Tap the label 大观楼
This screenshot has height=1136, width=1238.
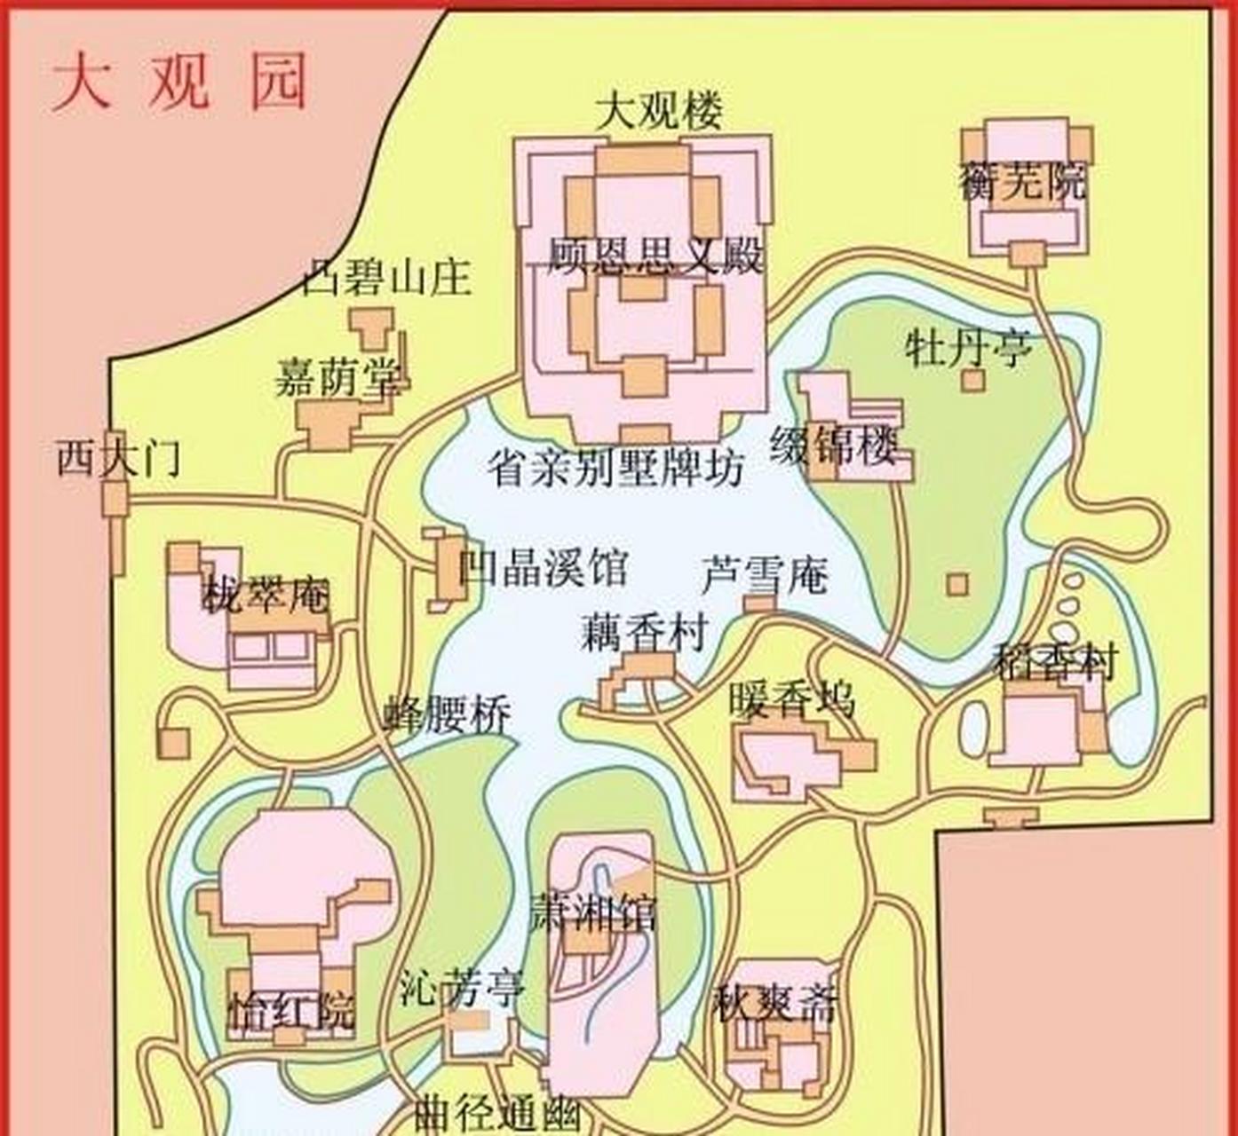click(658, 111)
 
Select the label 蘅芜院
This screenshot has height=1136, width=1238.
click(1022, 182)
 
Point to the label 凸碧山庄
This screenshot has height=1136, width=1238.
click(387, 278)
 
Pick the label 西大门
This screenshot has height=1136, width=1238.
click(119, 459)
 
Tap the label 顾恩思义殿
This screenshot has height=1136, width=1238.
click(655, 256)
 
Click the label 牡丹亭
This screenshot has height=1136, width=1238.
click(968, 348)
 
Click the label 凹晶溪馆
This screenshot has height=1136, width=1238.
click(543, 567)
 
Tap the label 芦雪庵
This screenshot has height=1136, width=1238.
click(765, 575)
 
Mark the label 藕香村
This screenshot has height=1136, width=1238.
click(645, 633)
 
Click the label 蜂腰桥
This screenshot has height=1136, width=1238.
click(448, 714)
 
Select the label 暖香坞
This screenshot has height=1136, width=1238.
click(791, 699)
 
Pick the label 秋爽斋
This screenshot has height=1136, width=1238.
click(775, 1005)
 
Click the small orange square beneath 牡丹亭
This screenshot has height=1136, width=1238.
click(973, 381)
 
